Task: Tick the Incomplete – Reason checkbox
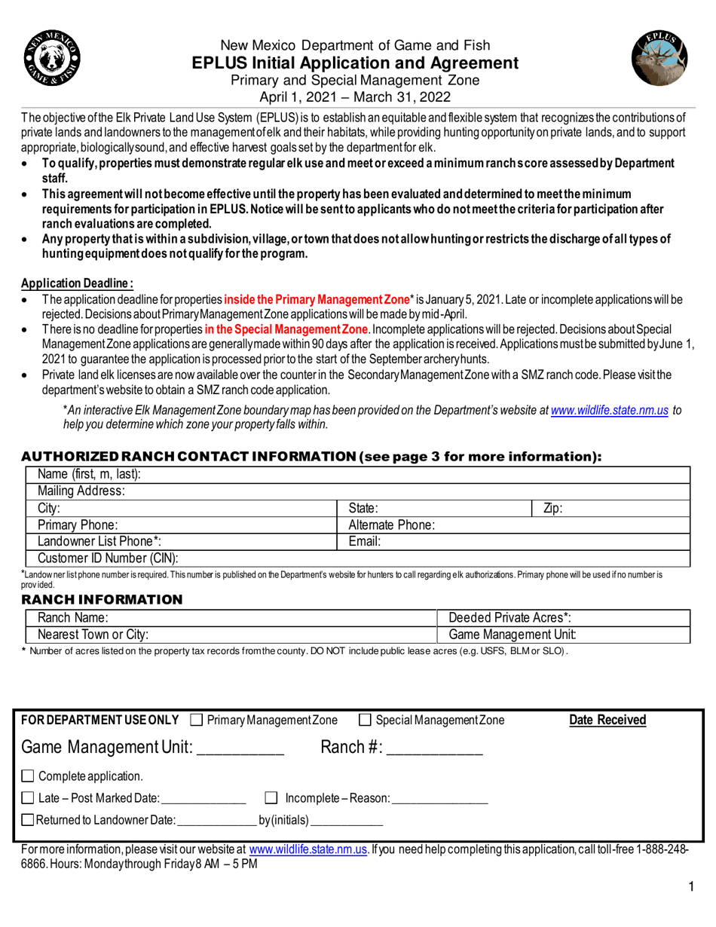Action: [273, 798]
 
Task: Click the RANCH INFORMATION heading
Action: [101, 599]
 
